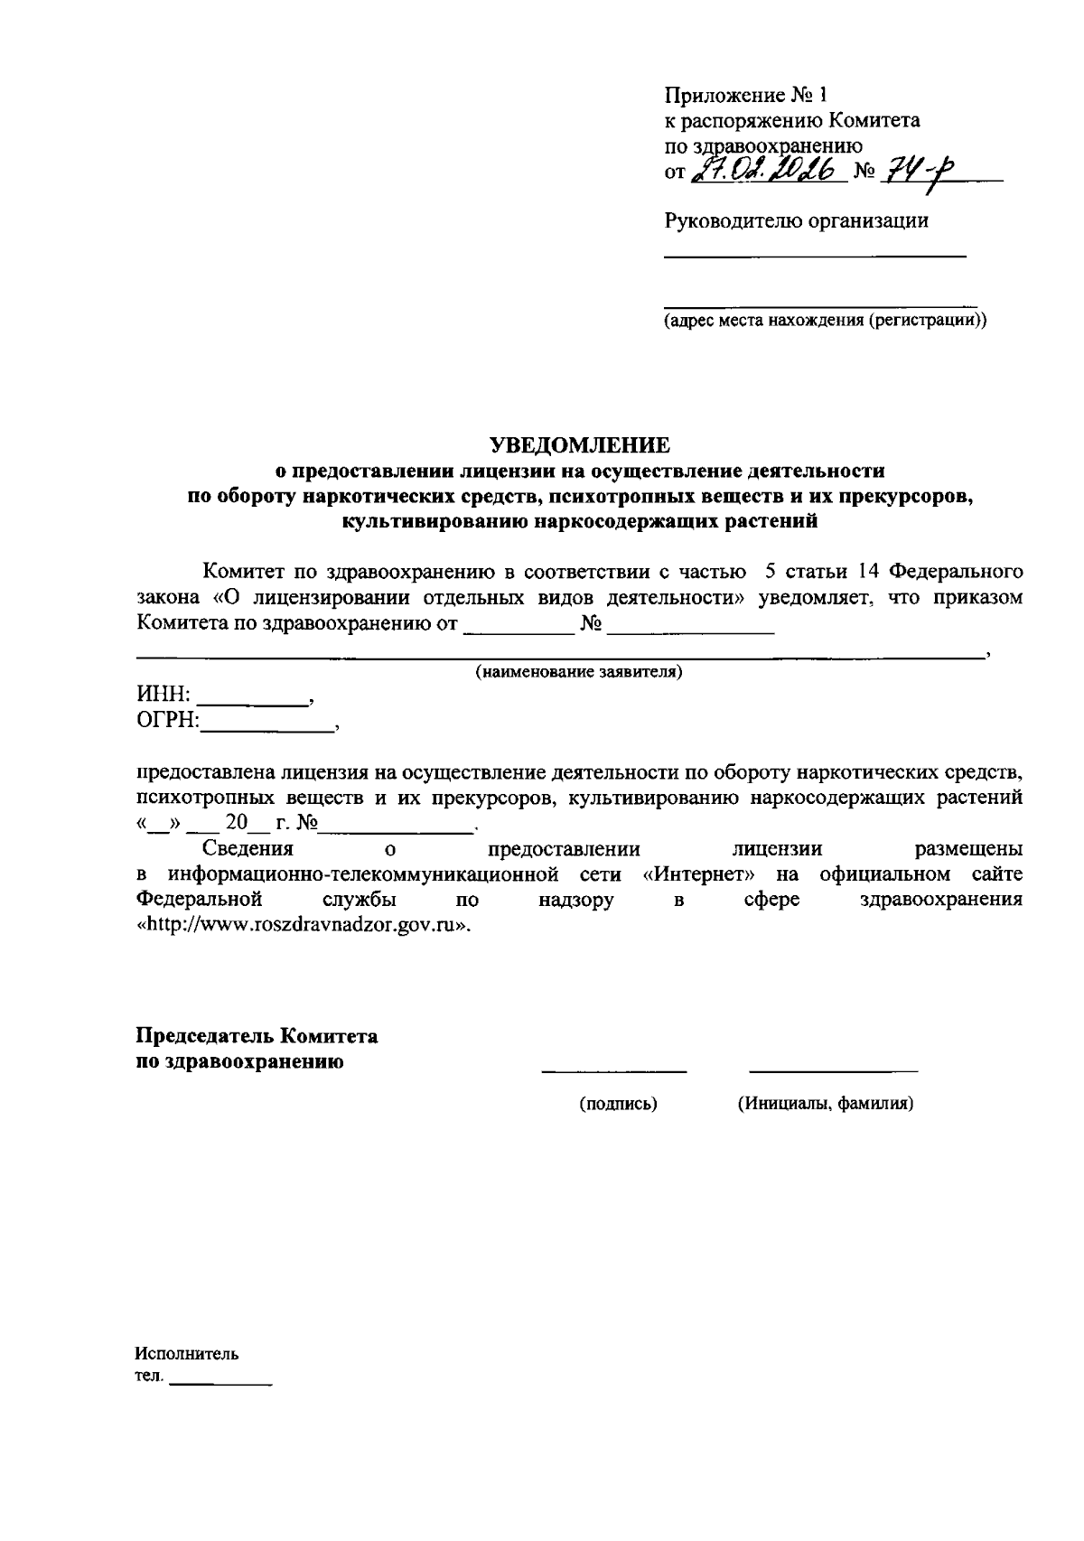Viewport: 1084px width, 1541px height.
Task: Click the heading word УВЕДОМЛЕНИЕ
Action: (580, 444)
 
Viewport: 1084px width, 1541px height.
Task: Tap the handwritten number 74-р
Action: (909, 171)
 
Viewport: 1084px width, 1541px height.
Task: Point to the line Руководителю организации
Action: (796, 220)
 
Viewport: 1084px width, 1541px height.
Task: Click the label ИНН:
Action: (163, 695)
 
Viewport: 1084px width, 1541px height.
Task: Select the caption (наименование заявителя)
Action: (578, 672)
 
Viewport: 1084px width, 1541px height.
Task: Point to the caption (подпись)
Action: (618, 1103)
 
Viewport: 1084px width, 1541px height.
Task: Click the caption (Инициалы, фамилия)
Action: (825, 1103)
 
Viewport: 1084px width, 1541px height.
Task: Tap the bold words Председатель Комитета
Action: (257, 1036)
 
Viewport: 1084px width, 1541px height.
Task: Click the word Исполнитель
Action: (187, 1354)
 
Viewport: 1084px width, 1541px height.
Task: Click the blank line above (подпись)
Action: (614, 1071)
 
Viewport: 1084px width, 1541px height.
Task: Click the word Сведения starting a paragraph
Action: (248, 849)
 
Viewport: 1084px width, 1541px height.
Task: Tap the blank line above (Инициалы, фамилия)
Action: (833, 1071)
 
